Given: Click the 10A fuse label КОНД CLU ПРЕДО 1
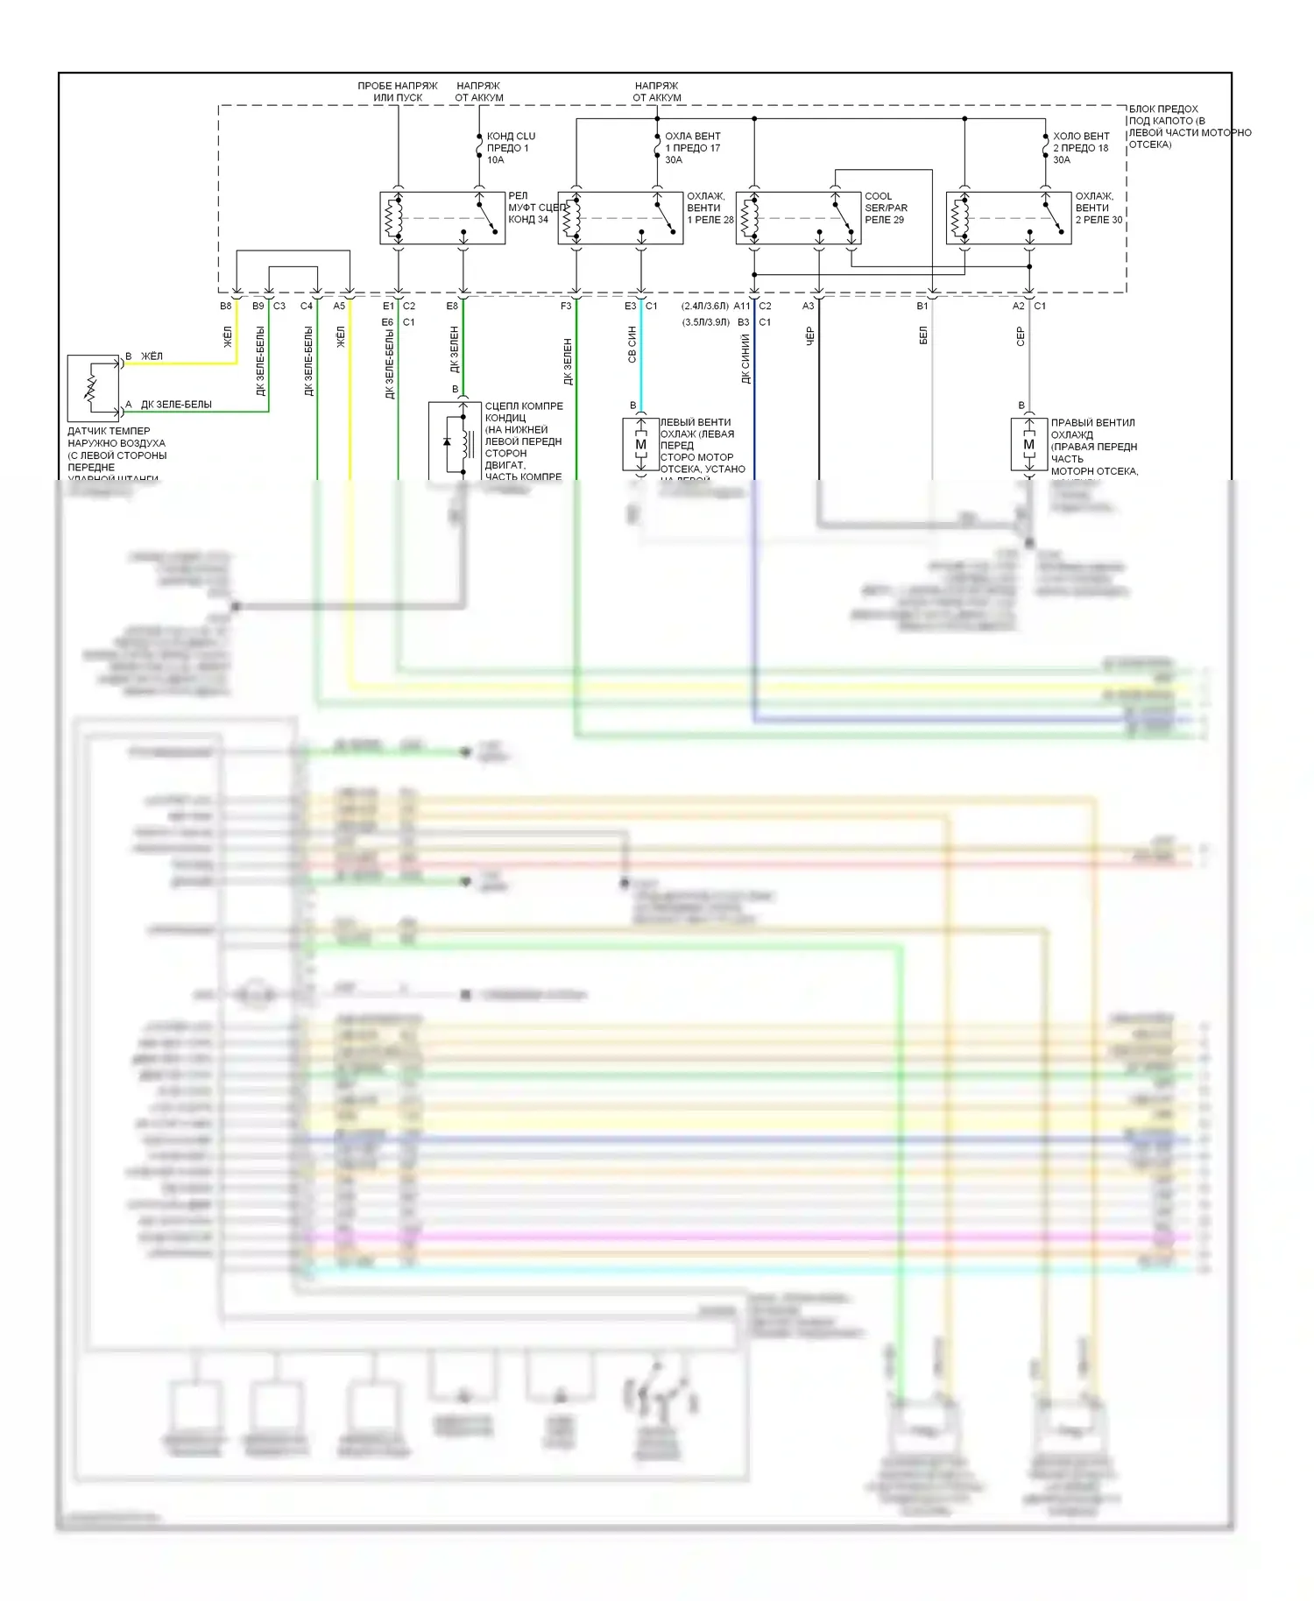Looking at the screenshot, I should pos(510,148).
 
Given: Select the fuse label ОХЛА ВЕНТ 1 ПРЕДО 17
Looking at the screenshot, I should pos(692,148).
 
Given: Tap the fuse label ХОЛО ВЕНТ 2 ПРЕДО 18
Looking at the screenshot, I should pos(1080,148).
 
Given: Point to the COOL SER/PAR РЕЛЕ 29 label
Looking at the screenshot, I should pos(886,208).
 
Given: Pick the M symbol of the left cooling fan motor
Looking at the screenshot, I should pos(640,445).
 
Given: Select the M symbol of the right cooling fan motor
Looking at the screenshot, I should pos(1028,445).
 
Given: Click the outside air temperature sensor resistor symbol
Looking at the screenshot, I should pos(91,387).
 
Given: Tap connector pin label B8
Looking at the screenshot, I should pos(226,307).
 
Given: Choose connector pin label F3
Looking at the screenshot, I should pos(566,307).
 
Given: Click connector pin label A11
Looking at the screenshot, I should pos(742,307).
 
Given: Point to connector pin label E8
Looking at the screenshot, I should pos(452,307).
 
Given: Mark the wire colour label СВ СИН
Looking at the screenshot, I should pos(632,344).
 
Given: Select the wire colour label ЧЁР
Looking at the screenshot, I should pos(810,336).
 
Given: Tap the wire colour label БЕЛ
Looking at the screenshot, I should pos(923,336).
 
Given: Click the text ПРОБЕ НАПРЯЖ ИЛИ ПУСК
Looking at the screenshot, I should pos(398,92).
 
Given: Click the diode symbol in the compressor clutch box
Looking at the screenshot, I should pos(447,442).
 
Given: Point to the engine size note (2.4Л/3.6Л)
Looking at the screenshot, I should pos(705,307).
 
